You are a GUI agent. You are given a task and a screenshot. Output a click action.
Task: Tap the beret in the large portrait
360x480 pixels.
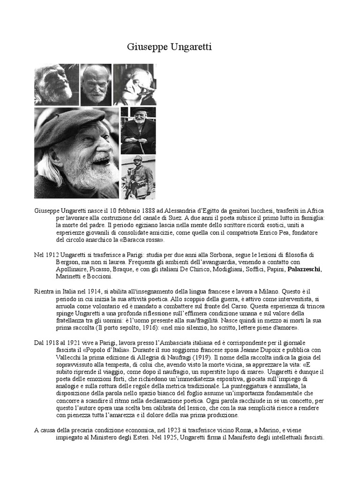tap(70, 125)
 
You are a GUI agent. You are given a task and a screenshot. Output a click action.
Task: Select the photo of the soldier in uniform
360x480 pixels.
tap(138, 177)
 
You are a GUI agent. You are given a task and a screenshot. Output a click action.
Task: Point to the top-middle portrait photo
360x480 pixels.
tap(96, 84)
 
